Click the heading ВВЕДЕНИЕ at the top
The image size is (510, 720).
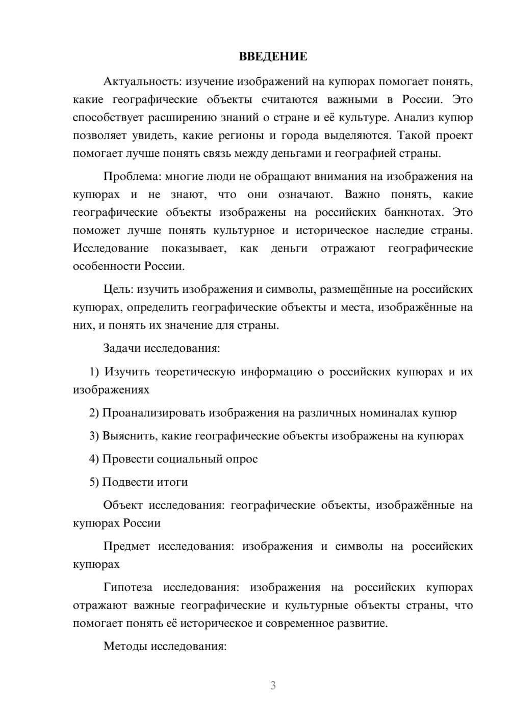coord(273,57)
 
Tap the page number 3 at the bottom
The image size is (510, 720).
coord(273,685)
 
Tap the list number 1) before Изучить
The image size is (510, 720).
coord(94,372)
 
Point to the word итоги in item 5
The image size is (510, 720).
coord(172,482)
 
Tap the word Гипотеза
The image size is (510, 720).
coord(127,588)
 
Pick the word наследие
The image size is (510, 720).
coord(396,230)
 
